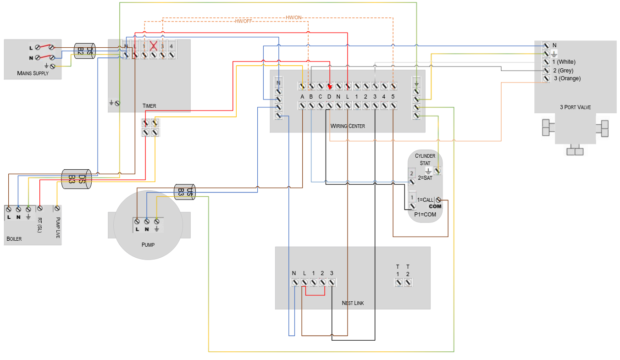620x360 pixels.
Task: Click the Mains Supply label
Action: click(x=33, y=73)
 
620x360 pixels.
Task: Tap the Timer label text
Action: click(x=149, y=106)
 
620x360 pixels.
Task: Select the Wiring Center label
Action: click(x=348, y=126)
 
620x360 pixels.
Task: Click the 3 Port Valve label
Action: click(x=575, y=107)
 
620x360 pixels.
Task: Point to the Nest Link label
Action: click(x=353, y=303)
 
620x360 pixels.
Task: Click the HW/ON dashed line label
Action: click(x=293, y=17)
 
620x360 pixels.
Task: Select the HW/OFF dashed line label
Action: click(x=243, y=21)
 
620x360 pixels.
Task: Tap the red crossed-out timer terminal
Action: click(x=153, y=46)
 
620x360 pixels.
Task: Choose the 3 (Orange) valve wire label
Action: click(x=567, y=78)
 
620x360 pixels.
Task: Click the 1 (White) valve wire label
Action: click(x=564, y=62)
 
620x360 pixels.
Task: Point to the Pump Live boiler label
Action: click(x=58, y=227)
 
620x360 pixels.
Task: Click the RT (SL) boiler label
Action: click(x=40, y=225)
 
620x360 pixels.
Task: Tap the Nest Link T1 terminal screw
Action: click(x=398, y=282)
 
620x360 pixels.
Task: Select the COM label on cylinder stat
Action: click(x=435, y=206)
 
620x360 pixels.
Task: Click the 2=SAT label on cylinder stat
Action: click(x=425, y=178)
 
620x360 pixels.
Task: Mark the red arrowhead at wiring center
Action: click(x=330, y=87)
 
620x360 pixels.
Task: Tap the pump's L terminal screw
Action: click(x=137, y=221)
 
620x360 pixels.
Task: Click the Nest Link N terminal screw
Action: click(x=295, y=282)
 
